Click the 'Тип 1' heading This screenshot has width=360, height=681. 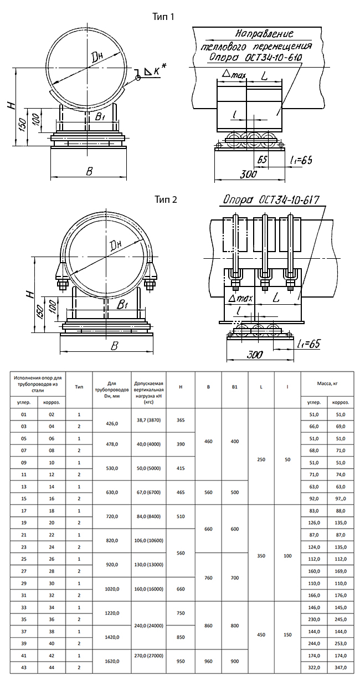(x=163, y=17)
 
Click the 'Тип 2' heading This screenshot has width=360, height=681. (x=166, y=199)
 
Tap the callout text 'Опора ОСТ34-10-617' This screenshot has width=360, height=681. (x=271, y=200)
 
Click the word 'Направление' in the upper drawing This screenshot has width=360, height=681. (x=264, y=33)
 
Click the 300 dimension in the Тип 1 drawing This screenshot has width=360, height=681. (x=249, y=175)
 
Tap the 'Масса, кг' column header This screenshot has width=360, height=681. (x=327, y=383)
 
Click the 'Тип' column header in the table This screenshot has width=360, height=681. (x=79, y=387)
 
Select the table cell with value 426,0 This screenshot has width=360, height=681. (x=112, y=423)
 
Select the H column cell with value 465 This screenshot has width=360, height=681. (x=181, y=492)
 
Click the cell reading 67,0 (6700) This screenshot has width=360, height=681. (x=148, y=492)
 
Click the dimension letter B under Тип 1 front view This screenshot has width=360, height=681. (x=89, y=171)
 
